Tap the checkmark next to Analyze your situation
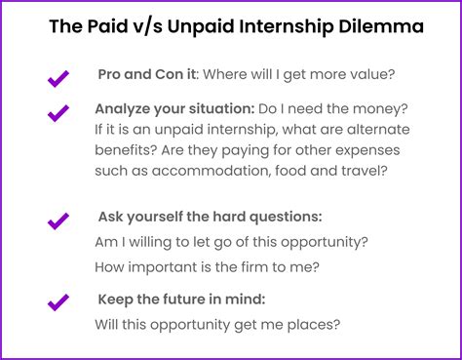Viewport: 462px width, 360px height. click(x=58, y=113)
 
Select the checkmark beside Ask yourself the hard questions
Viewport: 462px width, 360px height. click(x=58, y=220)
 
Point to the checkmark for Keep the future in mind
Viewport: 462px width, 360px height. click(x=58, y=301)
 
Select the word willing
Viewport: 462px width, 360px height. click(x=155, y=242)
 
